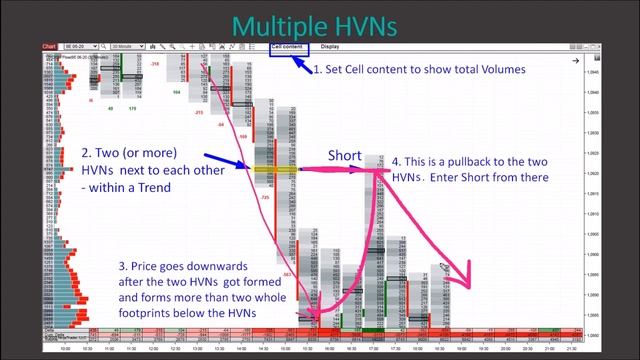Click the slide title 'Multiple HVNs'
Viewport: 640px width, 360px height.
(x=320, y=24)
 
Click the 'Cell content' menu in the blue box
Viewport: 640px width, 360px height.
(x=288, y=46)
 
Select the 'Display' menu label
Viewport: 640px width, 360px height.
(x=330, y=46)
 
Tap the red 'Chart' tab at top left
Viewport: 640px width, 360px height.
(x=49, y=46)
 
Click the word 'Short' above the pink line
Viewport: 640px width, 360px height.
(x=345, y=156)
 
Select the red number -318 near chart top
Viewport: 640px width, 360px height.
(x=155, y=65)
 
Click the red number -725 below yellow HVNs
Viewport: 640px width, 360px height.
(x=265, y=198)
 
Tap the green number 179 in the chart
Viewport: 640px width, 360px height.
(x=131, y=107)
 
